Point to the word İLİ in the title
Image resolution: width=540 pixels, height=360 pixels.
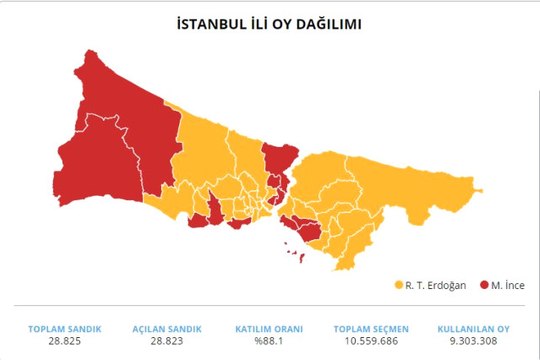click(259, 22)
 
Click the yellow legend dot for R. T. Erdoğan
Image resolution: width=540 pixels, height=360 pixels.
click(398, 285)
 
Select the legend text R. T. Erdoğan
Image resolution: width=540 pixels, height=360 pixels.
click(435, 285)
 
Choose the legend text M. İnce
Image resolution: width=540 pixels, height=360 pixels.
click(507, 285)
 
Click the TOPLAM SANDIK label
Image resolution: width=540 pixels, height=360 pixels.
click(63, 329)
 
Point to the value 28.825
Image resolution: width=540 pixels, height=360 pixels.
click(63, 341)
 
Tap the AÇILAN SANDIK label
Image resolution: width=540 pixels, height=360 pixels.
click(166, 329)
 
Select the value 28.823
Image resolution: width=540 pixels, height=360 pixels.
click(166, 341)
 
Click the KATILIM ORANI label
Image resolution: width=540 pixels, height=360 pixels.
click(269, 329)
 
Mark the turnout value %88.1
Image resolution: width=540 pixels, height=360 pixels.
click(269, 341)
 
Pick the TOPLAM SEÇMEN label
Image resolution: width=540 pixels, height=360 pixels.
click(371, 329)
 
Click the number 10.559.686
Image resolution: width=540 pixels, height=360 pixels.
click(371, 341)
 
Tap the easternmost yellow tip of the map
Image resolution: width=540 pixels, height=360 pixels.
click(478, 189)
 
